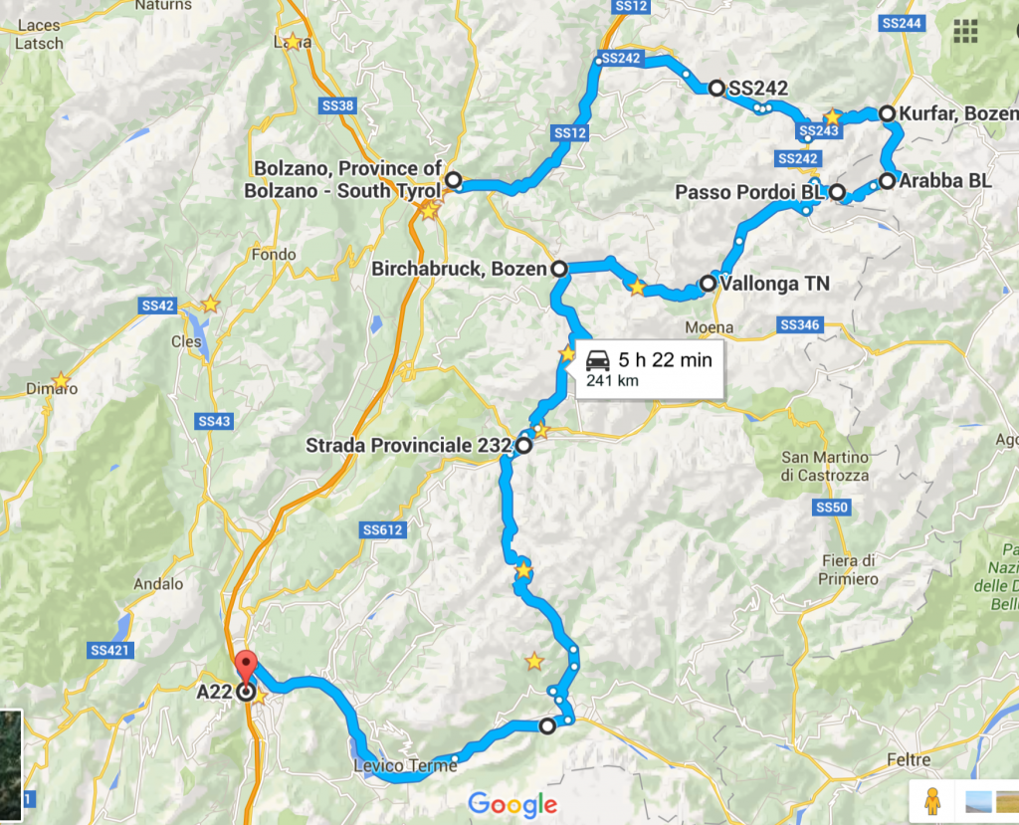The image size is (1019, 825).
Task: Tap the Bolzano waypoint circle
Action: (453, 181)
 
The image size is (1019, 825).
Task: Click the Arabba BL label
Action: (944, 181)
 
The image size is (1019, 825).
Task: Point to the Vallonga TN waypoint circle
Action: (708, 284)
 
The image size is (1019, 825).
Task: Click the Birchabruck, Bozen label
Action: (459, 269)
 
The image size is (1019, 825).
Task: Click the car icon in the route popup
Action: (598, 360)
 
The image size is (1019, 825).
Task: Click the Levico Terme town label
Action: (394, 765)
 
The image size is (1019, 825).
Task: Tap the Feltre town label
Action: (908, 760)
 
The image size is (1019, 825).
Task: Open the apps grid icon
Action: (964, 31)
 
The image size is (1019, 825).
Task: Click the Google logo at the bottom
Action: (512, 804)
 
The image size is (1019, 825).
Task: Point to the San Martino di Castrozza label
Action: (825, 466)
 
